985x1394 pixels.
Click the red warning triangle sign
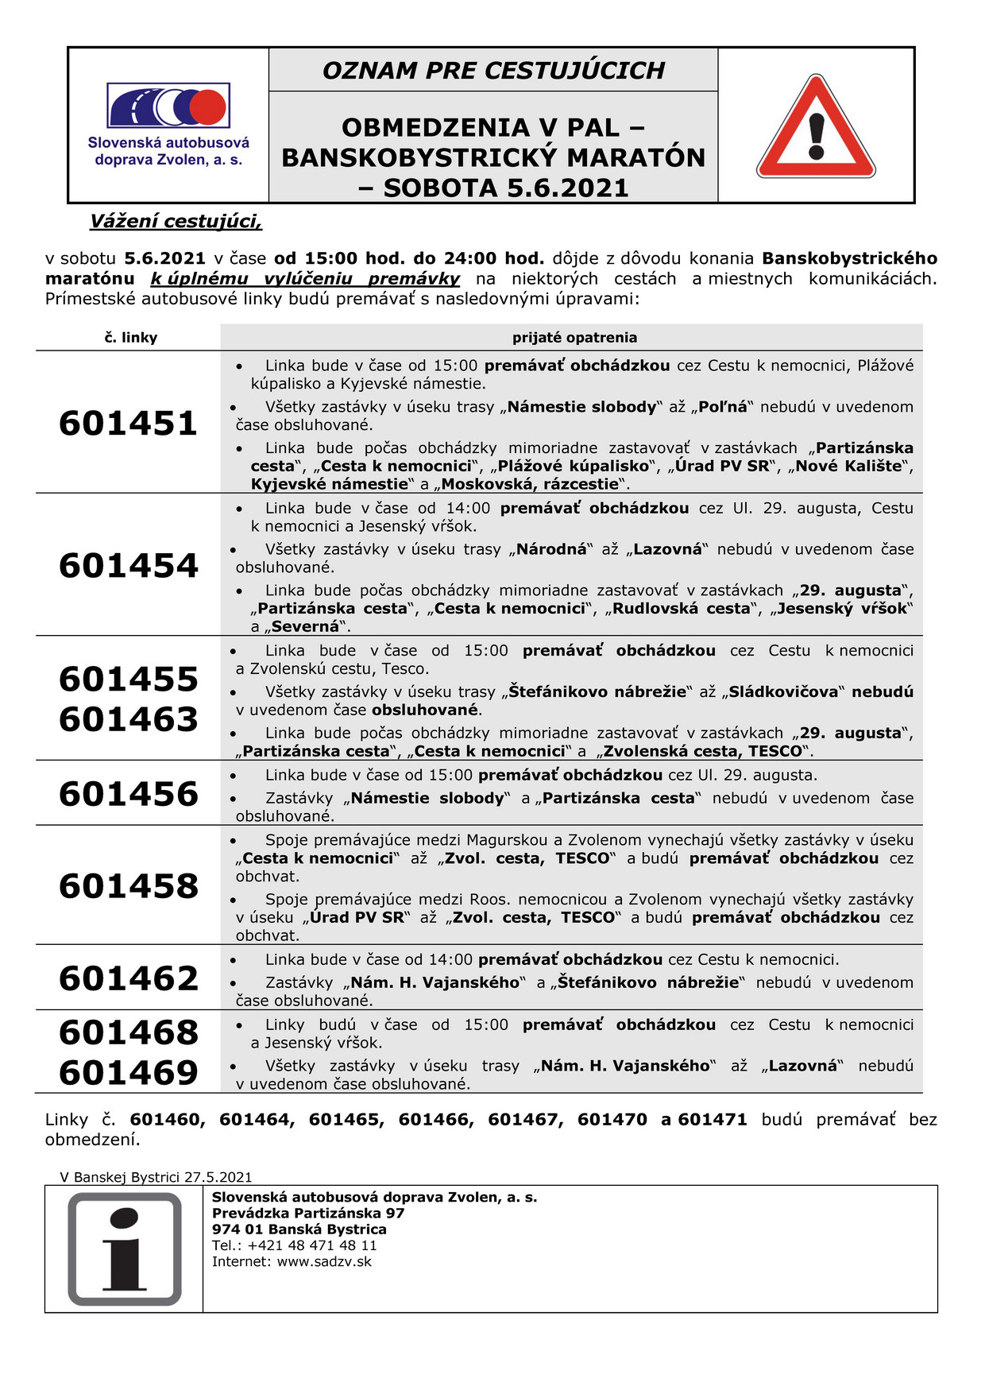816,128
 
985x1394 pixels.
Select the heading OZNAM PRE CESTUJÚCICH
493,71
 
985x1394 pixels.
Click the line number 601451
128,423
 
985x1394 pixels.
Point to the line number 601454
128,565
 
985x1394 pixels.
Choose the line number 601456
128,793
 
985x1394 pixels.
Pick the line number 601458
128,885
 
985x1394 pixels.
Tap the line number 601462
128,978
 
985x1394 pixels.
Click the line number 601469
128,1072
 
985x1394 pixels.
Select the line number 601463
128,718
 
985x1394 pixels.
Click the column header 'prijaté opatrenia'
574,338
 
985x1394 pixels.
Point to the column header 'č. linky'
131,338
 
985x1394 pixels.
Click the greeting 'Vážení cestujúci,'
176,222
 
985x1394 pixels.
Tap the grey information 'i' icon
125,1249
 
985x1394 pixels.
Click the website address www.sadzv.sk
324,1261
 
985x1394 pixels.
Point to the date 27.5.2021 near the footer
218,1177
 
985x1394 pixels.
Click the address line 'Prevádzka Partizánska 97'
308,1214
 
